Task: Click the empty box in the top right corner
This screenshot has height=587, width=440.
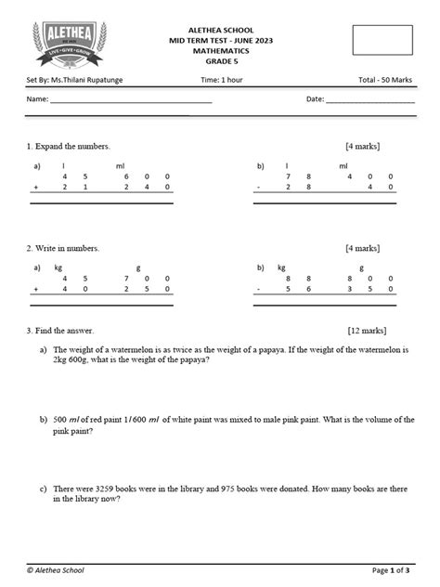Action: (x=382, y=40)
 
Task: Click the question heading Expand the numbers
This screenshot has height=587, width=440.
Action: (x=71, y=147)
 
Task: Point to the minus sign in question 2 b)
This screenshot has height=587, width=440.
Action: (x=259, y=289)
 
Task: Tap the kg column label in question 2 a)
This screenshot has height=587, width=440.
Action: (x=58, y=267)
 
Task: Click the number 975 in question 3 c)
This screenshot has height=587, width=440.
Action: (x=226, y=488)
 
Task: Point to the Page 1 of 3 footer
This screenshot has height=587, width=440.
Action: (x=393, y=569)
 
